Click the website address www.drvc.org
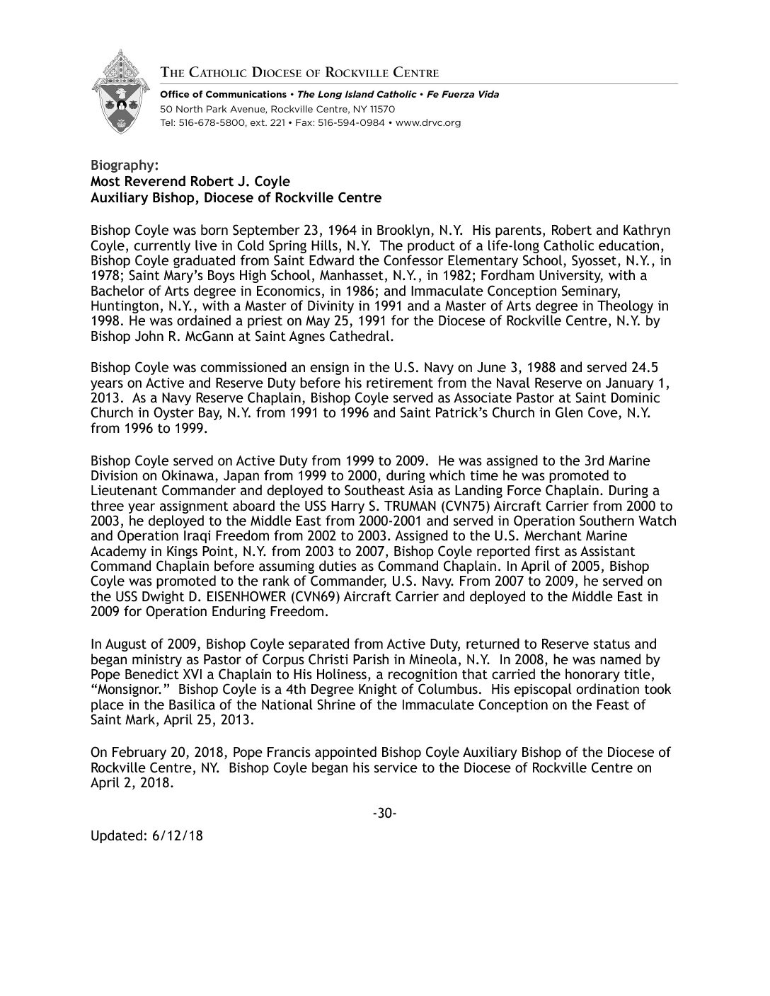(428, 122)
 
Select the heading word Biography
(120, 166)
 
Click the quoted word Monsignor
(131, 690)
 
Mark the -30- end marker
(384, 813)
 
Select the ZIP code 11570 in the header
(381, 109)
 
